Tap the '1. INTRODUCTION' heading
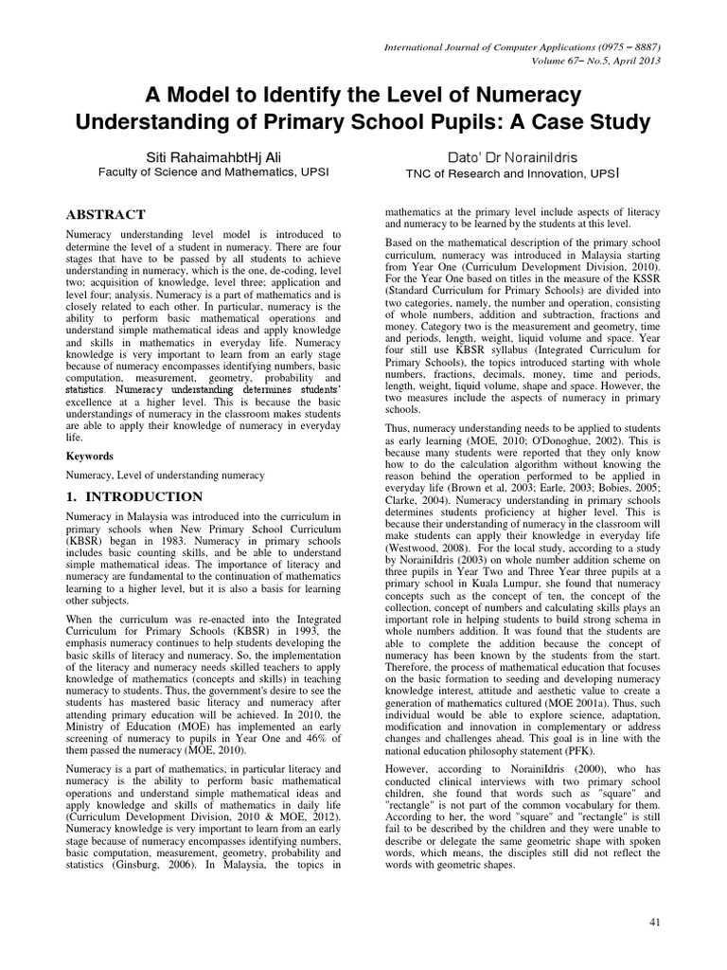133,496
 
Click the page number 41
655,923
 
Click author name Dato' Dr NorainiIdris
514,155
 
